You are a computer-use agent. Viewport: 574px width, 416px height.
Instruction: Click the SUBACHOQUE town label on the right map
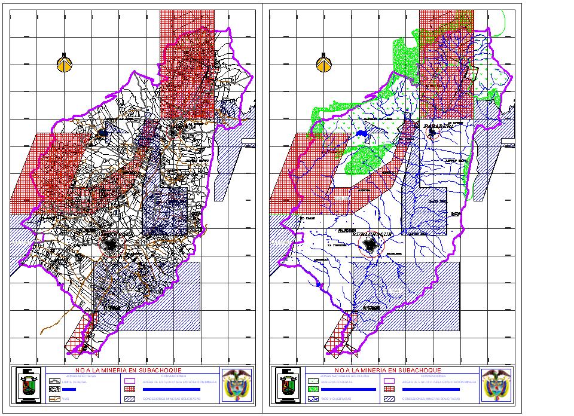click(x=372, y=234)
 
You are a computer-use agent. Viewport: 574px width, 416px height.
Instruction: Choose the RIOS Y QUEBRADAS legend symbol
click(x=313, y=398)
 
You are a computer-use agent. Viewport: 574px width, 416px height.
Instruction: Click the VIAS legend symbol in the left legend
click(x=54, y=398)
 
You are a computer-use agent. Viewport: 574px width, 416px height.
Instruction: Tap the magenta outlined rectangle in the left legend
click(x=129, y=380)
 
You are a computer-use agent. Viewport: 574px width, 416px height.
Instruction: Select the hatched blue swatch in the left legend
click(x=129, y=398)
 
